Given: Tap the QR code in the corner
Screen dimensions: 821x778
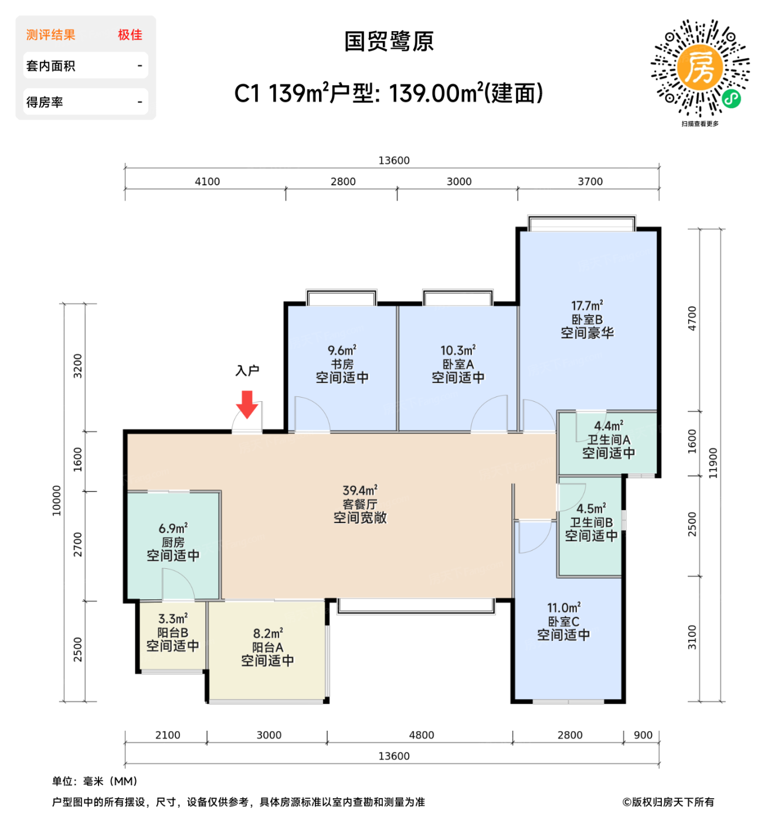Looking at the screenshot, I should tap(700, 68).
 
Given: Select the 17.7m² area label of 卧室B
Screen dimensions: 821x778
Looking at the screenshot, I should tap(587, 306).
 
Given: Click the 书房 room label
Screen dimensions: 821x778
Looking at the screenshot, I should tap(342, 364).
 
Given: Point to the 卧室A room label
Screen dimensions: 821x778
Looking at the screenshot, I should tap(458, 364).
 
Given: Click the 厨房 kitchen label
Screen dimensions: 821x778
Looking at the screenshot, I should tap(173, 542).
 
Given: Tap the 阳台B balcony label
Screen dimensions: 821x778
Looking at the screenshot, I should tap(172, 633).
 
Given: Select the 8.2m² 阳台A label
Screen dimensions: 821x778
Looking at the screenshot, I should tap(267, 634).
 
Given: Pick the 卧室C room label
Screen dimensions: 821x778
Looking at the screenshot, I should tap(563, 622).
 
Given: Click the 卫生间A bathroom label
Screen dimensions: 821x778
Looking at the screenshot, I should tap(609, 439).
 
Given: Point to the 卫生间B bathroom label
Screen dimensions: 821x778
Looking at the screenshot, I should tap(591, 522).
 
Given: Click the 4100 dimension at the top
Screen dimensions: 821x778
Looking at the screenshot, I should tap(207, 182).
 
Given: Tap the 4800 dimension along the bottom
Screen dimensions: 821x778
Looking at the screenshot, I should tap(421, 735).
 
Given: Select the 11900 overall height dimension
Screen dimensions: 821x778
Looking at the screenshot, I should tap(713, 463).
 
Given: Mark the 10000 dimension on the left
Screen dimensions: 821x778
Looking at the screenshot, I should tap(57, 500).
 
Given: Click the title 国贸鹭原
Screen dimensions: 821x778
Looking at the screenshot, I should tap(389, 42).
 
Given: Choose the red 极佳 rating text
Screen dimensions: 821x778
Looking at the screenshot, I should tap(130, 35).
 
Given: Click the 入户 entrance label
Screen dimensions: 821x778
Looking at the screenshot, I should tap(247, 371).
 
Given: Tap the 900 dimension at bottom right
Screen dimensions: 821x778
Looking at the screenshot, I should tap(643, 735).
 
